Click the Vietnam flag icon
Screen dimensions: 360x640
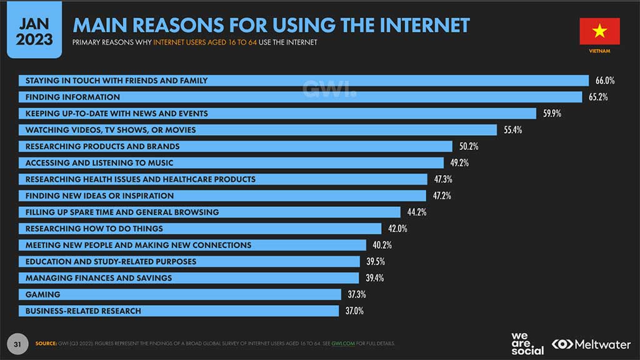click(x=599, y=31)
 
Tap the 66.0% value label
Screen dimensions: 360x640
click(x=605, y=81)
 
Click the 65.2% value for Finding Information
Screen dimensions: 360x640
click(x=598, y=97)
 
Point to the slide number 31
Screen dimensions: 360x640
click(x=18, y=343)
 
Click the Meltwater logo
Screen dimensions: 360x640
click(x=591, y=344)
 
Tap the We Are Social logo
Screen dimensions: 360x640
click(x=527, y=344)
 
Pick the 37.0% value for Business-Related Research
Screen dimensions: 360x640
click(x=354, y=311)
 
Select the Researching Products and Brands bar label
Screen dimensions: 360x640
click(x=102, y=146)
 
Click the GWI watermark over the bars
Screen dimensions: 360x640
click(x=329, y=89)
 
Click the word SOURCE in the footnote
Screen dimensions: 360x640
click(x=46, y=344)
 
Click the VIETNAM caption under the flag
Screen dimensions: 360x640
click(x=599, y=51)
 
